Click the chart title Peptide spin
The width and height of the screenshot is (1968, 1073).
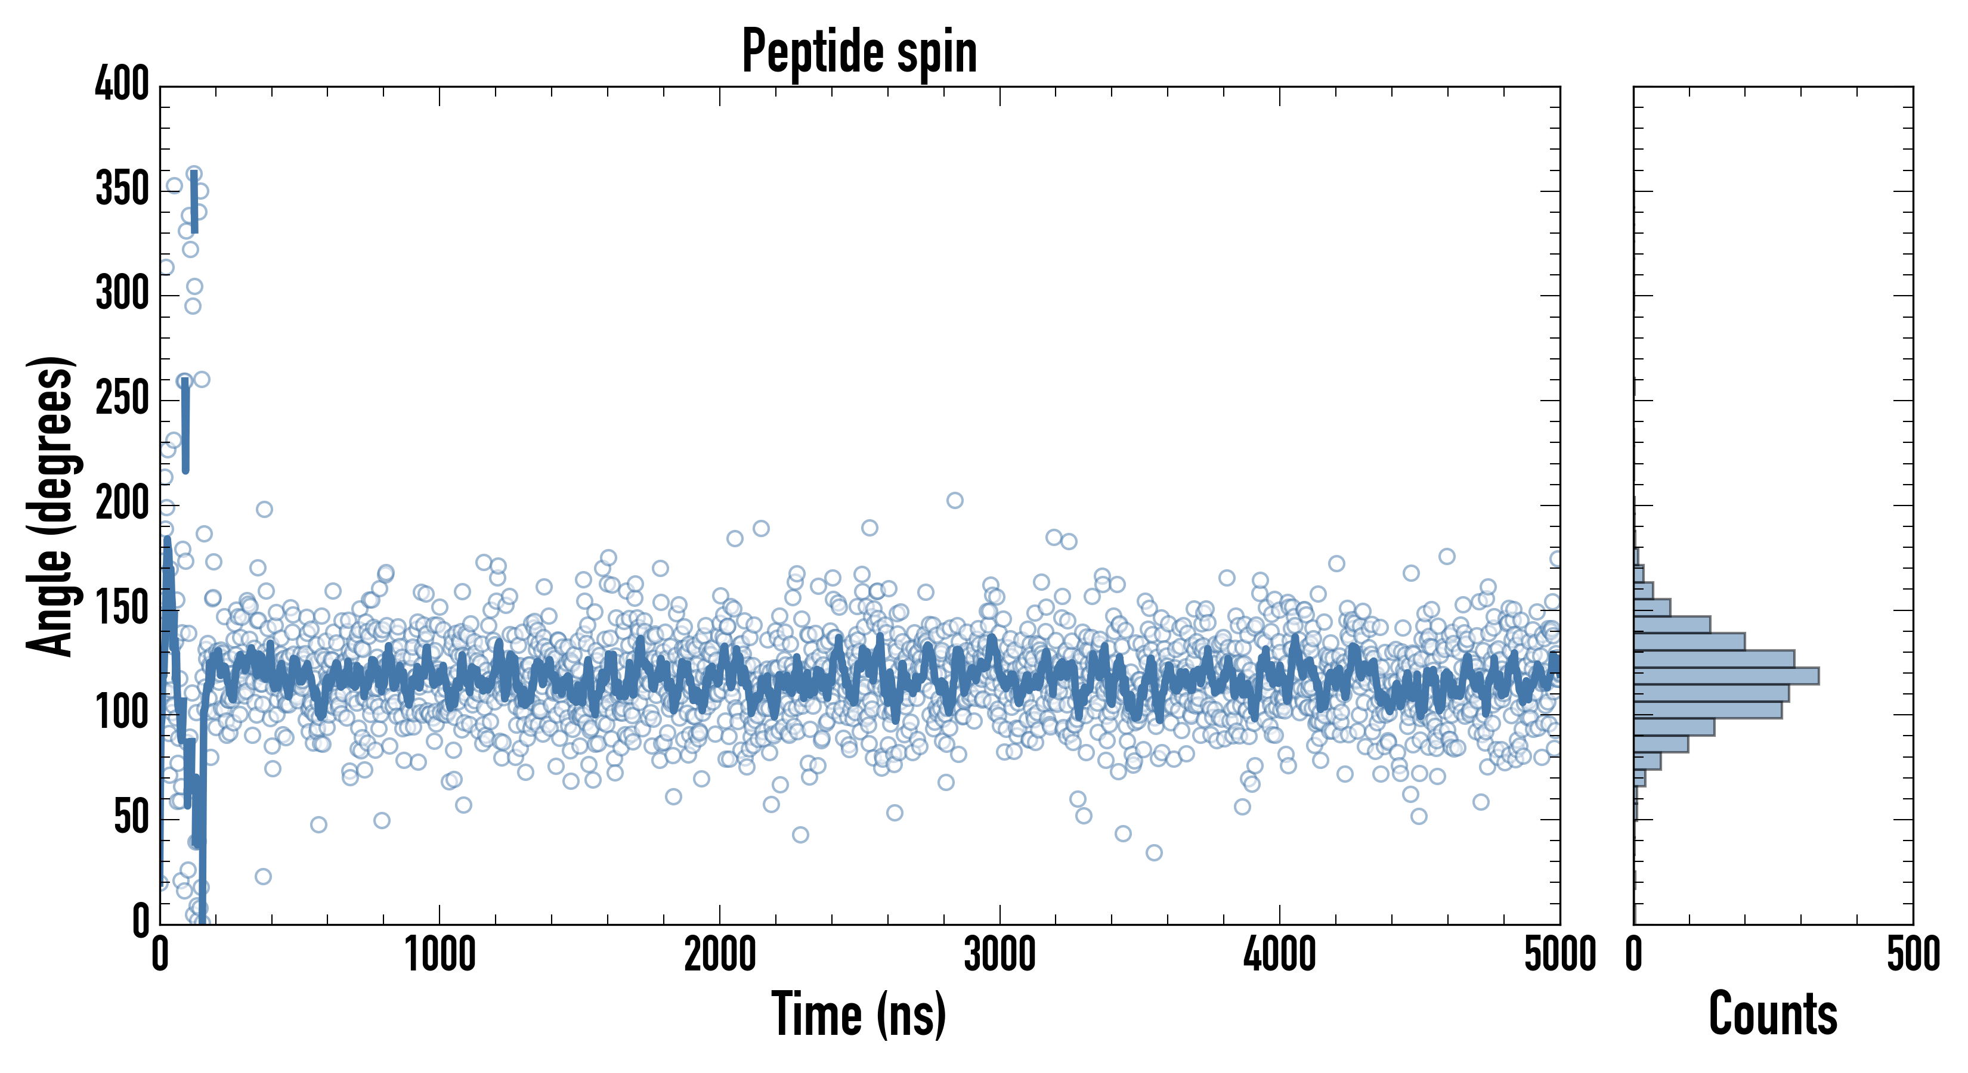[859, 52]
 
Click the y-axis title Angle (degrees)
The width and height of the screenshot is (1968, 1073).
[51, 506]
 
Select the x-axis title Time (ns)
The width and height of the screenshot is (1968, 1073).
[859, 1014]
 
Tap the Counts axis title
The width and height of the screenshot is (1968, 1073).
[1772, 1014]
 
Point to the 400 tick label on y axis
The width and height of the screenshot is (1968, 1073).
[122, 84]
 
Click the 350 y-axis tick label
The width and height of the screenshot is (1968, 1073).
[122, 190]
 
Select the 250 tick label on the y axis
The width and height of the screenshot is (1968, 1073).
[122, 399]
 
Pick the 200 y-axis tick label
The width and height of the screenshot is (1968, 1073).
[122, 504]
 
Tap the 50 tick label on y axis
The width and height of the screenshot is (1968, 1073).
[131, 818]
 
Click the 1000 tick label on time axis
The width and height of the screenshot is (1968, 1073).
[440, 954]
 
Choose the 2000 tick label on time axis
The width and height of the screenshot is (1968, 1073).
[720, 954]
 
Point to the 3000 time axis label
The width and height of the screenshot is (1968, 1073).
[1000, 954]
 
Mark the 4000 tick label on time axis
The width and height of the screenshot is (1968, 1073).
[1280, 954]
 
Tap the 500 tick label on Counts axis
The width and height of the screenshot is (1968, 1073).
[1913, 954]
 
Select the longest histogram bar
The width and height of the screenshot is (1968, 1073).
[1726, 676]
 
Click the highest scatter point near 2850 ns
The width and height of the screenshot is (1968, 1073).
[955, 500]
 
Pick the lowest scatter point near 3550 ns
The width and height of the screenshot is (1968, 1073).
[1155, 852]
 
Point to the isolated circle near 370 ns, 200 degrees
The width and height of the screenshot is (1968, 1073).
[264, 510]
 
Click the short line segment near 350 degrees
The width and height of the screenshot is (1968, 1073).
[195, 203]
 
